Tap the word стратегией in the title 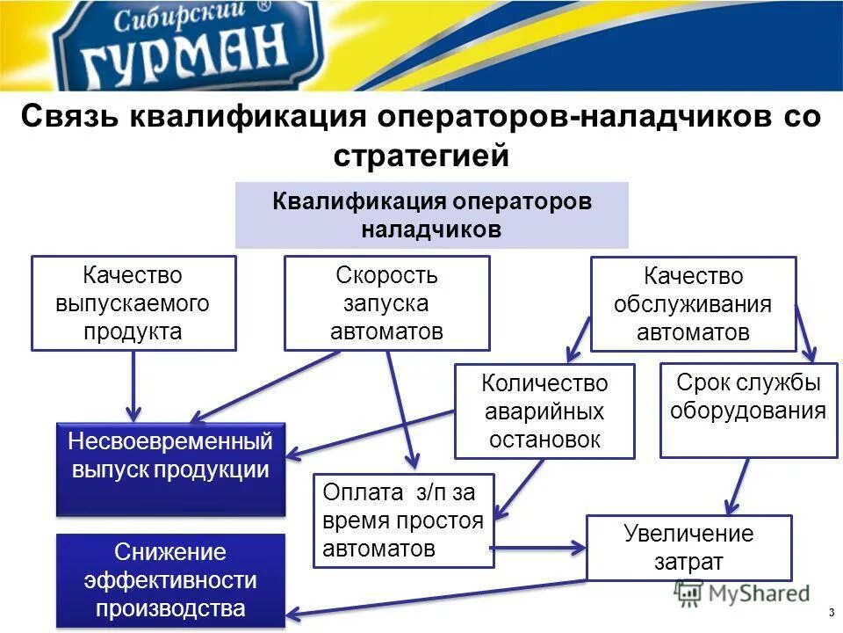click(x=421, y=156)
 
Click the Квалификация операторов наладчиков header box click(x=431, y=215)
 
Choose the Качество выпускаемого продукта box click(x=133, y=303)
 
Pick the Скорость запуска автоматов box click(x=386, y=303)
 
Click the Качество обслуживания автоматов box click(x=693, y=304)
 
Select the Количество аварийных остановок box click(x=544, y=411)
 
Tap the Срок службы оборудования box click(x=748, y=410)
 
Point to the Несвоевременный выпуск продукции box click(x=170, y=469)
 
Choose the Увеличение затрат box click(x=688, y=548)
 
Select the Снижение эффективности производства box click(x=170, y=579)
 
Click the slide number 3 click(x=830, y=612)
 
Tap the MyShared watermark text click(x=755, y=593)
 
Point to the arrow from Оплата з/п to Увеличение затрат click(x=537, y=549)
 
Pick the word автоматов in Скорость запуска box click(x=386, y=331)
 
